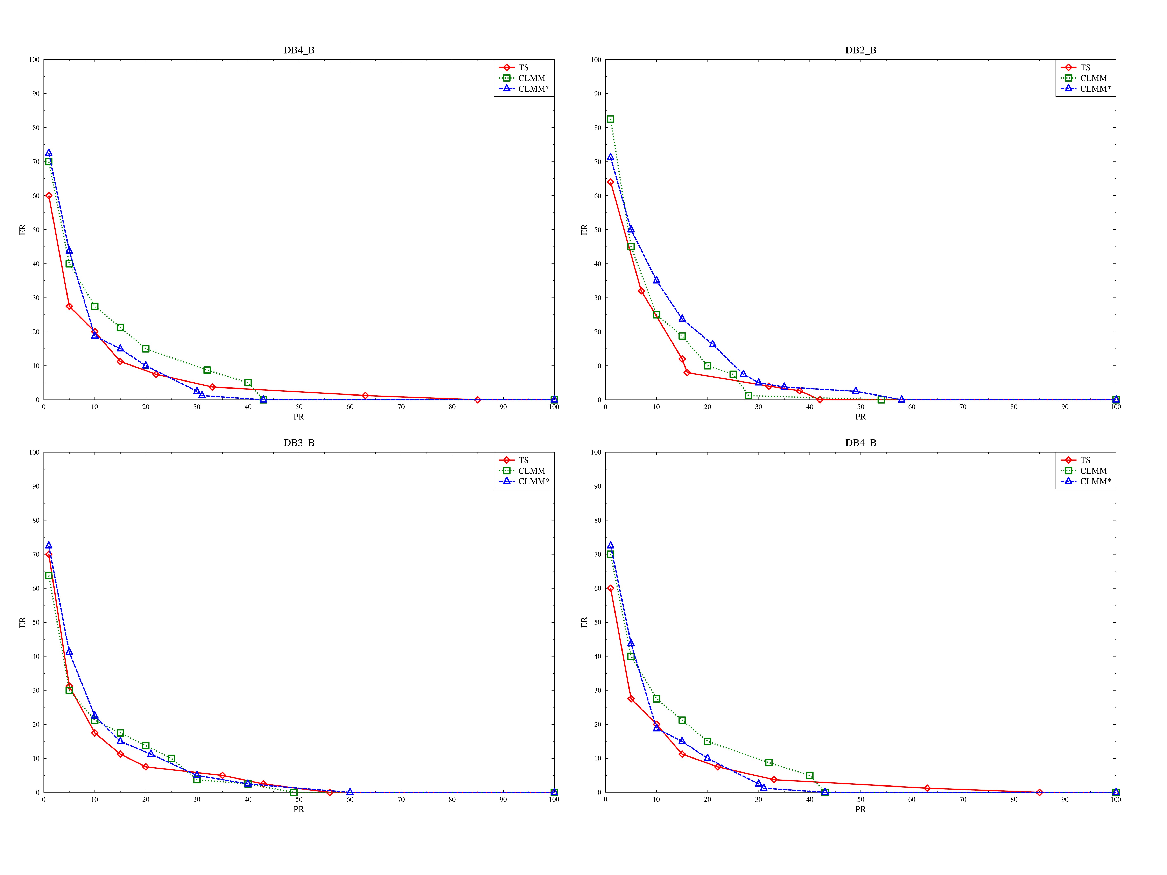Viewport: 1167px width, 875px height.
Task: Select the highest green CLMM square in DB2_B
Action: tap(610, 119)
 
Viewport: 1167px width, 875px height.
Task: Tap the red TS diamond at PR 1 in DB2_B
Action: tap(610, 182)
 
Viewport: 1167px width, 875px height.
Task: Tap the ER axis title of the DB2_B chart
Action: tap(584, 229)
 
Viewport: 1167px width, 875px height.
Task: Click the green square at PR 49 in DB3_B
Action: tap(294, 792)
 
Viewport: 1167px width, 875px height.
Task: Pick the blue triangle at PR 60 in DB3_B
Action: tap(350, 792)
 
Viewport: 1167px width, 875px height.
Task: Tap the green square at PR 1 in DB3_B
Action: tap(49, 576)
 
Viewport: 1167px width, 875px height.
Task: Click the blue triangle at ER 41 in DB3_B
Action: tap(69, 652)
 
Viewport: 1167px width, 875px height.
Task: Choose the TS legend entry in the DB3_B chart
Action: tap(523, 460)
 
